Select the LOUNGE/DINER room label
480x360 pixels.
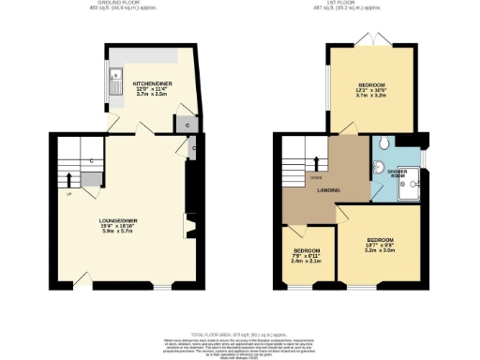(x=119, y=222)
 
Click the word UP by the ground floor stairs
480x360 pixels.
(x=68, y=194)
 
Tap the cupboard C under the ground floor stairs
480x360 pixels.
(x=92, y=160)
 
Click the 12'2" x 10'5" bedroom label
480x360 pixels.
(x=370, y=82)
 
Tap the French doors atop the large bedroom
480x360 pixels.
(x=370, y=42)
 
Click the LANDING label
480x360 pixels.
(x=329, y=191)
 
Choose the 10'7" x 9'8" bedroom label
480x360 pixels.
(x=380, y=246)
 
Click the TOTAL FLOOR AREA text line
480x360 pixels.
(x=239, y=334)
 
